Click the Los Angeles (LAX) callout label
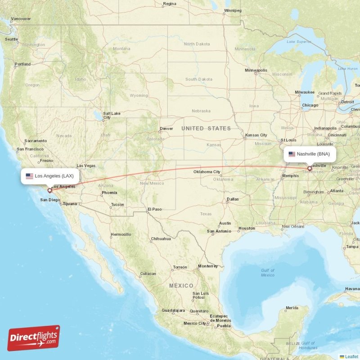pyautogui.click(x=50, y=176)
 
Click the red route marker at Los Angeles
pyautogui.click(x=49, y=190)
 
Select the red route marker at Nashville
pyautogui.click(x=309, y=169)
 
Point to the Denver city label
pyautogui.click(x=166, y=129)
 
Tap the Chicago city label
pyautogui.click(x=310, y=105)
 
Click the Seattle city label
pyautogui.click(x=11, y=39)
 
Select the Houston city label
pyautogui.click(x=247, y=229)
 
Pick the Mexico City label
pyautogui.click(x=194, y=323)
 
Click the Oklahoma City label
pyautogui.click(x=207, y=172)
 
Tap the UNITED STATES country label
pyautogui.click(x=206, y=129)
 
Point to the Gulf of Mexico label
pyautogui.click(x=267, y=272)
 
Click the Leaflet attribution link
pyautogui.click(x=351, y=356)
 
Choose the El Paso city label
pyautogui.click(x=154, y=209)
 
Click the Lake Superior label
pyautogui.click(x=299, y=42)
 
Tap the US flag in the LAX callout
pyautogui.click(x=29, y=176)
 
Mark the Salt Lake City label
pyautogui.click(x=112, y=116)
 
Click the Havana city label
pyautogui.click(x=352, y=288)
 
